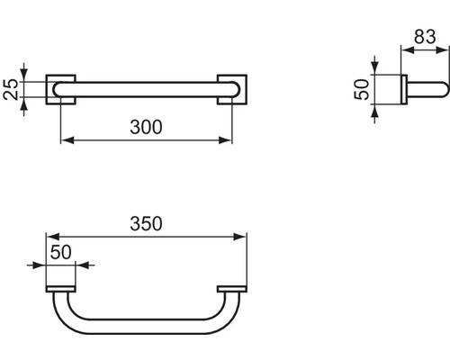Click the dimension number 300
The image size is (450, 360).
coord(146,127)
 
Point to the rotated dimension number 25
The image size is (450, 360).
coord(11,90)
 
